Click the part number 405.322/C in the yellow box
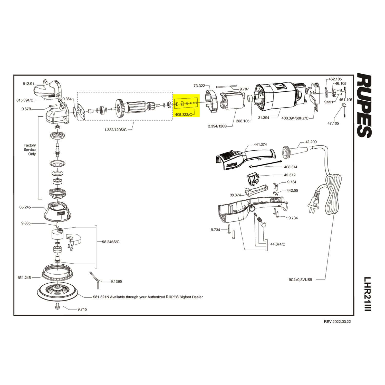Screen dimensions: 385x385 [x=183, y=114]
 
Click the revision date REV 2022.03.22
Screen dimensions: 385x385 [x=337, y=322]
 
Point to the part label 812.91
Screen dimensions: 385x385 [x=28, y=84]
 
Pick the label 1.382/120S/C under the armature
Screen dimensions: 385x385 [x=115, y=130]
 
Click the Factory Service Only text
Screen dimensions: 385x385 [x=30, y=149]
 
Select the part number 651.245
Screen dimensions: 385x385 [x=24, y=277]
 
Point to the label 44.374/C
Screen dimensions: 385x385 [x=278, y=244]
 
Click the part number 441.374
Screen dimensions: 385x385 [x=261, y=145]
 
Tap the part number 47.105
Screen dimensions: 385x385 [x=333, y=123]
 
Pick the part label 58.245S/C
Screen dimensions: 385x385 [x=111, y=242]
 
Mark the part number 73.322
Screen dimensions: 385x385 [x=199, y=86]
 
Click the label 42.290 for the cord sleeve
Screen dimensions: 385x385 [x=311, y=142]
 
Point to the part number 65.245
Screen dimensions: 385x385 [x=25, y=207]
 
